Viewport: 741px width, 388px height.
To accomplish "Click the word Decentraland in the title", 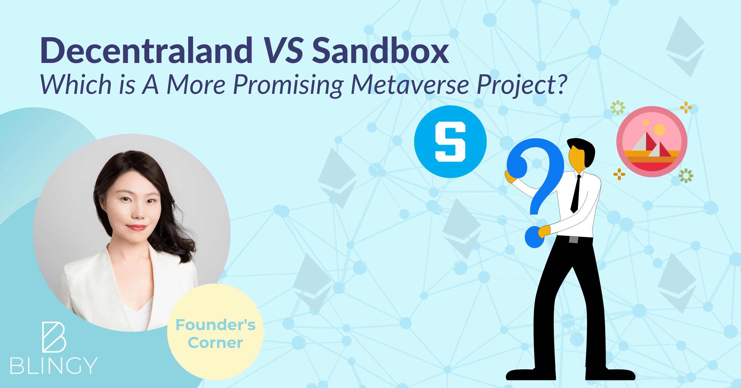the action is (x=147, y=50).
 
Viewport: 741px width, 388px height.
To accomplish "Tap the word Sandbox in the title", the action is (x=380, y=50).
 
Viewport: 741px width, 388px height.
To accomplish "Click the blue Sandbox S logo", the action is (x=450, y=142).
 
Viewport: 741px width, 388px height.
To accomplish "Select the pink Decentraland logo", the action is (x=652, y=142).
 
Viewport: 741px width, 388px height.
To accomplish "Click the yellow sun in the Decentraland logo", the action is (x=659, y=130).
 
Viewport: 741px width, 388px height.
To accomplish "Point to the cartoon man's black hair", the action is (x=583, y=150).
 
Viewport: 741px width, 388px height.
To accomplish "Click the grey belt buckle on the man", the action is (x=574, y=239).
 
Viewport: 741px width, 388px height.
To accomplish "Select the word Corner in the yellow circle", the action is (x=215, y=343).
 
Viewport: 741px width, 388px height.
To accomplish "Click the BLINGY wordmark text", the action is (x=54, y=366).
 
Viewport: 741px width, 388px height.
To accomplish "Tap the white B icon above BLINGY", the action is (x=54, y=337).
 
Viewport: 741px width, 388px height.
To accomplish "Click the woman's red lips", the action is (x=136, y=228).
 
